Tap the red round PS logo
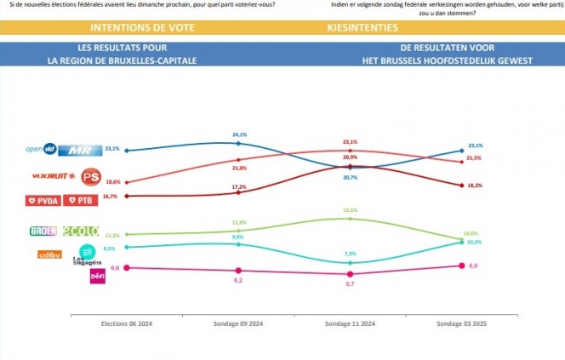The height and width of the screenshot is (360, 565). pyautogui.click(x=90, y=177)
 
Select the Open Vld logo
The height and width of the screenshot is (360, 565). pyautogui.click(x=42, y=150)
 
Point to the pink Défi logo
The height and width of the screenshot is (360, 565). pyautogui.click(x=97, y=277)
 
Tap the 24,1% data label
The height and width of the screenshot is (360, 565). pyautogui.click(x=239, y=134)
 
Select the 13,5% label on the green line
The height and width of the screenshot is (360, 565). pyautogui.click(x=350, y=209)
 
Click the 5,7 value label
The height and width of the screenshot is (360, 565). pyautogui.click(x=350, y=283)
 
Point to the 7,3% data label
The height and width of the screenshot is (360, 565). pyautogui.click(x=350, y=254)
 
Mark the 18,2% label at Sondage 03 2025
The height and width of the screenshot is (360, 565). pyautogui.click(x=475, y=185)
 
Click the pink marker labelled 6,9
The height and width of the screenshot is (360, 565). pyautogui.click(x=461, y=266)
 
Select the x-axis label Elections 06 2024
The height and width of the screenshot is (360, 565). pyautogui.click(x=126, y=324)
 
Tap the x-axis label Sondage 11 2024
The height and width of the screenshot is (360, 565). pyautogui.click(x=350, y=324)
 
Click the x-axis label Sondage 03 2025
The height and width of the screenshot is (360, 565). pyautogui.click(x=461, y=324)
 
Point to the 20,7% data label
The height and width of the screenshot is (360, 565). pyautogui.click(x=350, y=177)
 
